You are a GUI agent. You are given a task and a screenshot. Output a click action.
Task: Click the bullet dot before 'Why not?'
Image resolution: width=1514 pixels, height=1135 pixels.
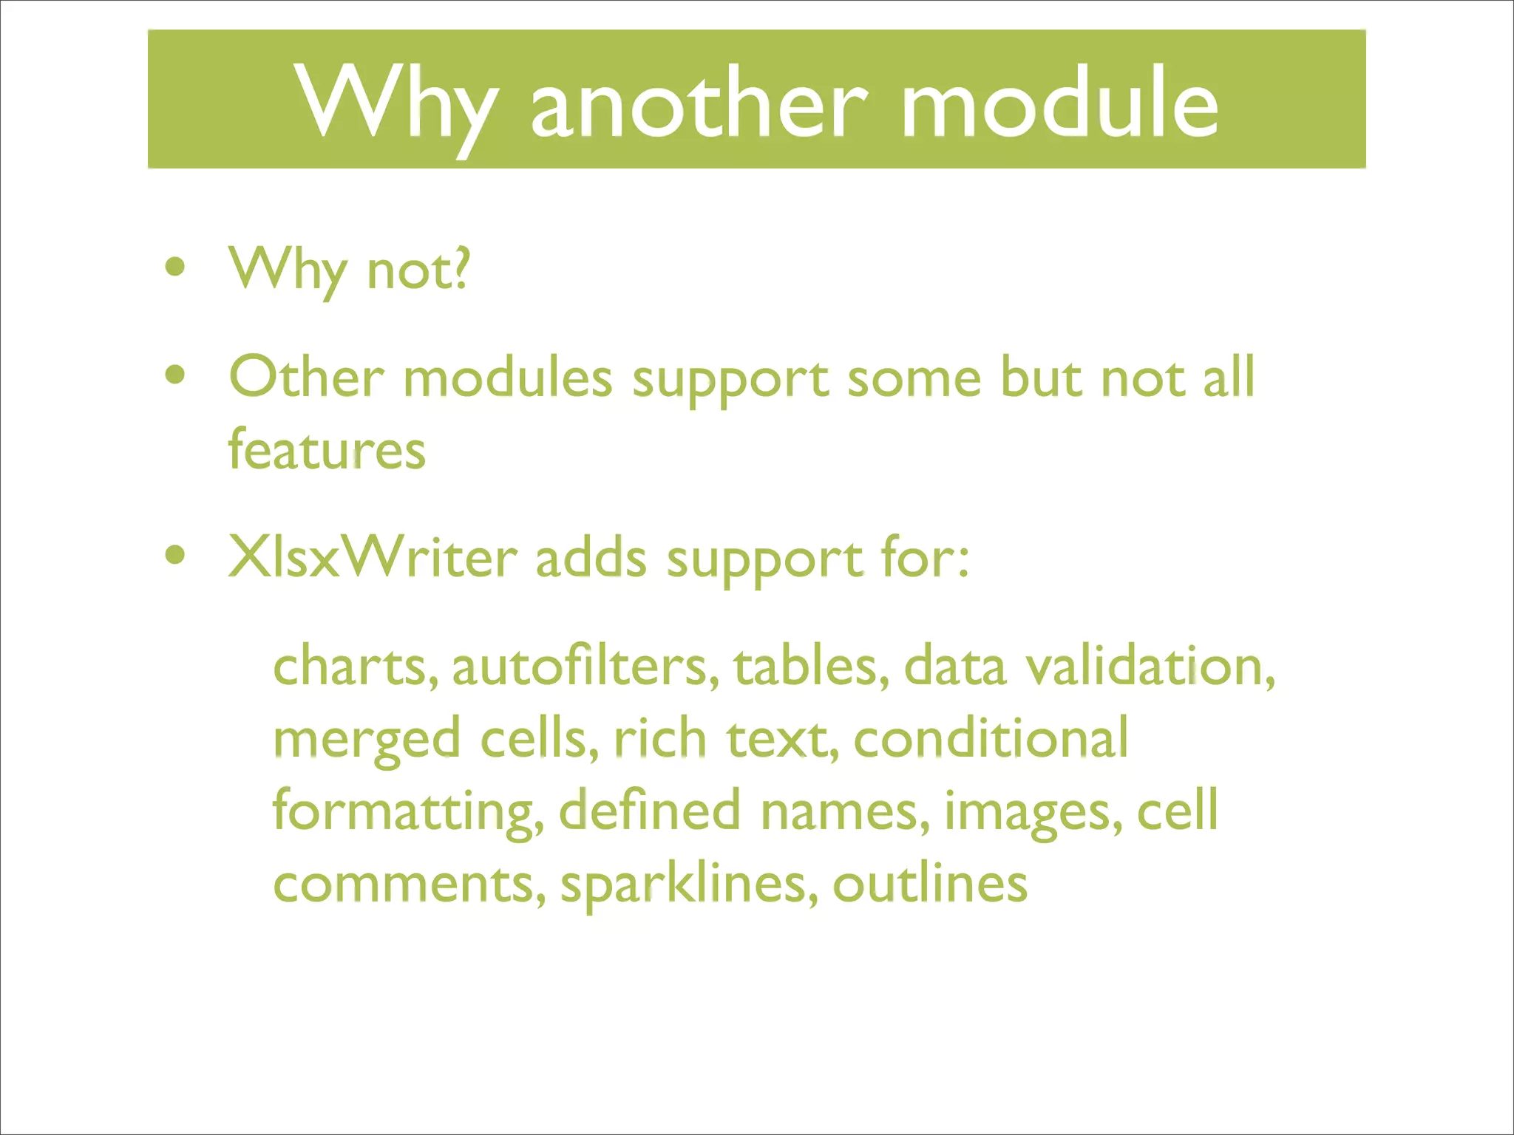(175, 267)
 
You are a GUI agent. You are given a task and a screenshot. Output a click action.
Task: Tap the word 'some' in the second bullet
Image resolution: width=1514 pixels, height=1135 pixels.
(914, 378)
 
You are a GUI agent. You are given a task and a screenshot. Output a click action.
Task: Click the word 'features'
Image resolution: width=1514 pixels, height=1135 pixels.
(327, 449)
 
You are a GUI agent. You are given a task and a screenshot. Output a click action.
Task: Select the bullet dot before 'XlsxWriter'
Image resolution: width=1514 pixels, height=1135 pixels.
(175, 556)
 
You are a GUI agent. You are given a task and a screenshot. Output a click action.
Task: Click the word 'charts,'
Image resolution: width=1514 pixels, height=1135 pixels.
(356, 666)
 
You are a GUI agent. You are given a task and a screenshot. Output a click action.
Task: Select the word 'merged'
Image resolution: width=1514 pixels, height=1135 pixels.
(367, 739)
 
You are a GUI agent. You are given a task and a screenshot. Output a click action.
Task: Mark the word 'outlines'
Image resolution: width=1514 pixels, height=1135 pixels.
(930, 884)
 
